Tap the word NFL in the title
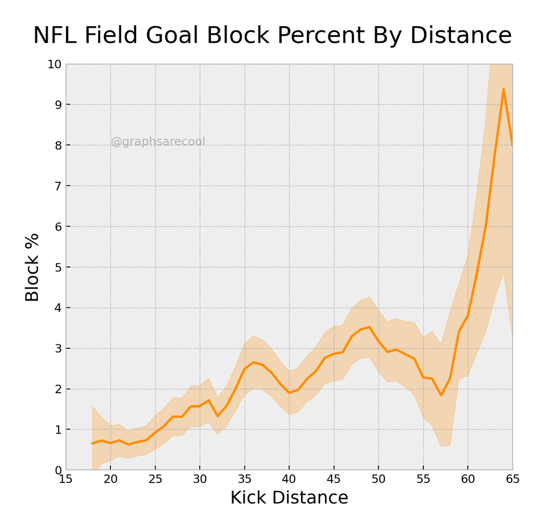pyautogui.click(x=55, y=36)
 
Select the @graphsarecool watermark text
pyautogui.click(x=158, y=142)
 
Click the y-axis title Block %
pyautogui.click(x=32, y=267)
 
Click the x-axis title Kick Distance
pyautogui.click(x=289, y=498)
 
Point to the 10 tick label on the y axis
pyautogui.click(x=54, y=65)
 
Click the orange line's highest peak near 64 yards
pyautogui.click(x=504, y=89)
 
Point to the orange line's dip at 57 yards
pyautogui.click(x=441, y=395)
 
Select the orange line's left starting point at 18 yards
pyautogui.click(x=92, y=444)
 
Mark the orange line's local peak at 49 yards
pyautogui.click(x=369, y=327)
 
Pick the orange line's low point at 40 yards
pyautogui.click(x=289, y=393)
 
